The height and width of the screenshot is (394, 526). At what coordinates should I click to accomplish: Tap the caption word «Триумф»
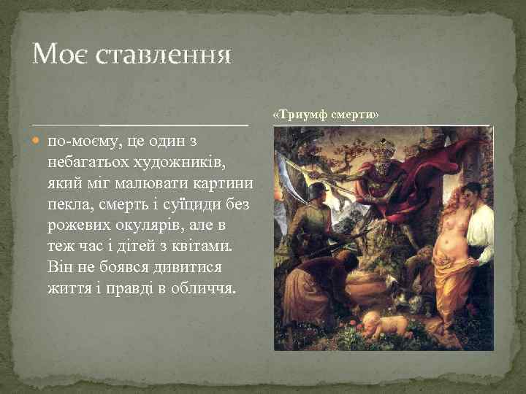298,115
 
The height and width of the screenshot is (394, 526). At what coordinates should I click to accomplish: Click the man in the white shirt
479,233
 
